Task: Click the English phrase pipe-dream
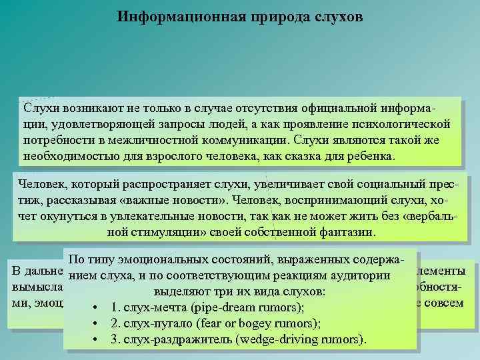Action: (223, 308)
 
